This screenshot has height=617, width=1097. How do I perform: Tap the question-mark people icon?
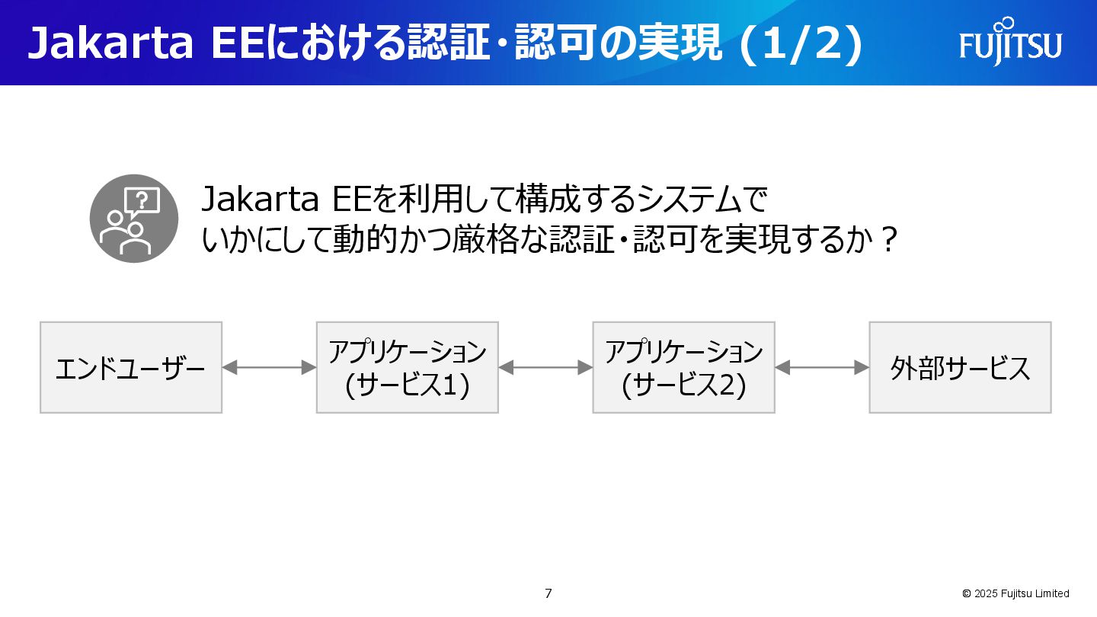(x=134, y=219)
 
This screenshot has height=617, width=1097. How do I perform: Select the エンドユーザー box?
(x=131, y=368)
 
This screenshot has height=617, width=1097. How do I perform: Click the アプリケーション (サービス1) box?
(x=408, y=368)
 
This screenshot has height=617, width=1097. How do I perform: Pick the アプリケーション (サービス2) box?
(x=684, y=368)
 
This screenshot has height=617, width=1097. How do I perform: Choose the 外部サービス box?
(x=960, y=368)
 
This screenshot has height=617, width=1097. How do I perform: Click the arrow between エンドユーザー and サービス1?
(x=269, y=368)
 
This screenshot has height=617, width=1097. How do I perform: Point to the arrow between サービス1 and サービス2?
(x=545, y=368)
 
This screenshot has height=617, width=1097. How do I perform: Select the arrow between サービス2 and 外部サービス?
(x=822, y=368)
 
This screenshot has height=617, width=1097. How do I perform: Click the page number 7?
(x=548, y=593)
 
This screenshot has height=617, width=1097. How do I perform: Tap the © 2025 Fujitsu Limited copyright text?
(x=1015, y=593)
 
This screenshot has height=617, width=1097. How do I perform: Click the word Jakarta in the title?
(x=110, y=44)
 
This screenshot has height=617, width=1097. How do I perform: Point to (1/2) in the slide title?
(x=801, y=44)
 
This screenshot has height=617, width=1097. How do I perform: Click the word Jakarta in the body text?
(x=260, y=200)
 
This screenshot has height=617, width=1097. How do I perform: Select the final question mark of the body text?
(x=884, y=241)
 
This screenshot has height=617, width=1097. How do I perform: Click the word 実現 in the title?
(x=683, y=44)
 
